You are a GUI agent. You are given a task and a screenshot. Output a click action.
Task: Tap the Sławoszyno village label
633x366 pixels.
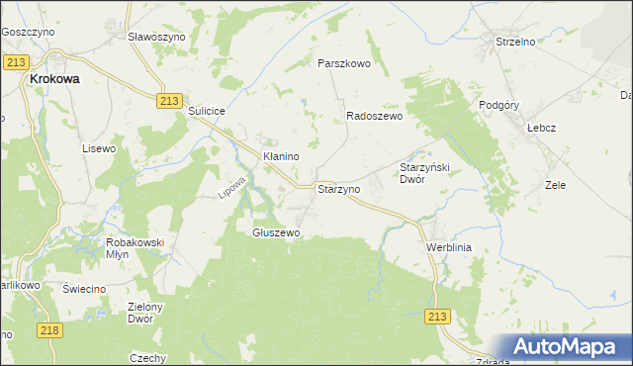157,36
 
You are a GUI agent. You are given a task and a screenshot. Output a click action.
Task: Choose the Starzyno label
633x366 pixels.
337,187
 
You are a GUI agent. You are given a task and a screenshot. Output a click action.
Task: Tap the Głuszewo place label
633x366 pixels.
276,232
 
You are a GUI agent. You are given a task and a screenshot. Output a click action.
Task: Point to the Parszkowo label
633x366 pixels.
343,63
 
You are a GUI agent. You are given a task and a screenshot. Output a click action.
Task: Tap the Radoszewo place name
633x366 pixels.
374,116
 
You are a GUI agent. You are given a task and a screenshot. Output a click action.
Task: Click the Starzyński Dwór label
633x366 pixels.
424,173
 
